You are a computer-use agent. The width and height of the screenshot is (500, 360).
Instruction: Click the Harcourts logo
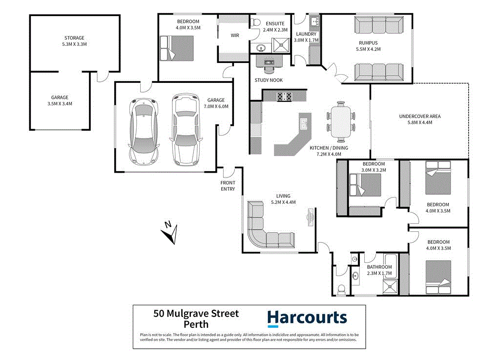pos(307,318)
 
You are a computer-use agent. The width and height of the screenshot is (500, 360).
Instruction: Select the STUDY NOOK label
pos(268,80)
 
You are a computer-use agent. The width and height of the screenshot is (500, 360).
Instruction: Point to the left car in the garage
pos(144,130)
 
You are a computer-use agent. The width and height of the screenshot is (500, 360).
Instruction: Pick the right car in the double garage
pos(186,129)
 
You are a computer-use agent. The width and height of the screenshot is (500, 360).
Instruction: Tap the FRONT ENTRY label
pos(228,186)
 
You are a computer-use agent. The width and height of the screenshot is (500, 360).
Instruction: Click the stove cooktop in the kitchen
pos(284,97)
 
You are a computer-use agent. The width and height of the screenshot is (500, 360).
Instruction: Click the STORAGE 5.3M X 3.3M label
pos(75,41)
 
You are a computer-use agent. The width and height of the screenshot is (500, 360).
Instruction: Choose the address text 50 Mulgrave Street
pos(196,314)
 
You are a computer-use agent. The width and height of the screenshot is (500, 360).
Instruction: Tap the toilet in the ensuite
pos(255,22)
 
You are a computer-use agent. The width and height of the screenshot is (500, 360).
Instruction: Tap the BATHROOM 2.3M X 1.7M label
pos(379,270)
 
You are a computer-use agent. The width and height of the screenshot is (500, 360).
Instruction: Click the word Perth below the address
pos(196,324)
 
